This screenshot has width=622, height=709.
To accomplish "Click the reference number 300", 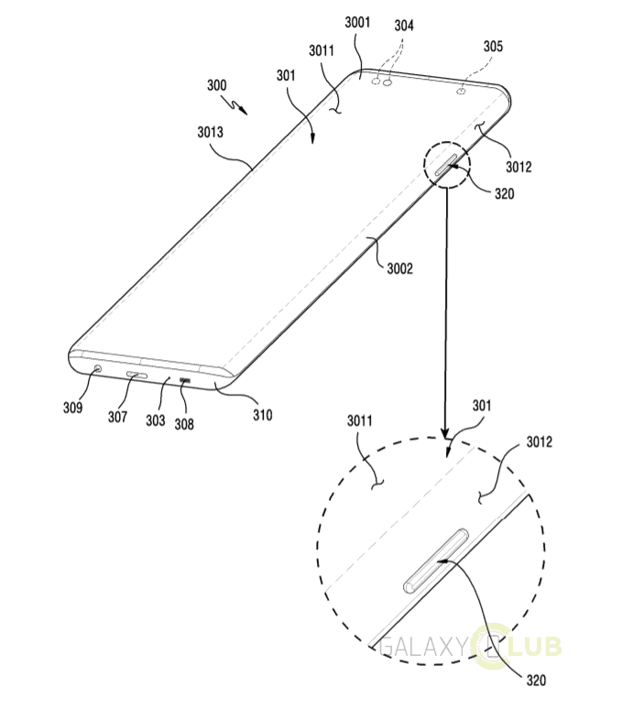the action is [216, 85].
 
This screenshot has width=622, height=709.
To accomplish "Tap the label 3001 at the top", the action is [357, 22].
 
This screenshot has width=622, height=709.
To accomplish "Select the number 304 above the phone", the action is [404, 26].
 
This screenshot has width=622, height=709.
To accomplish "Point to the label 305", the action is [493, 46].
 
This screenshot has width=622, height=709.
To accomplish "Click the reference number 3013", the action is [210, 132].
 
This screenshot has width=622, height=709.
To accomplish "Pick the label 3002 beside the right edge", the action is [399, 268].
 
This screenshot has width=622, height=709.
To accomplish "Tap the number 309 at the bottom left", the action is [72, 408].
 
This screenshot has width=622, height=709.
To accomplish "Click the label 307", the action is [117, 417].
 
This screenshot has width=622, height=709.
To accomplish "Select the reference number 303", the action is [155, 420].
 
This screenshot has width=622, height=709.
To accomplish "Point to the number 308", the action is [184, 424].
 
